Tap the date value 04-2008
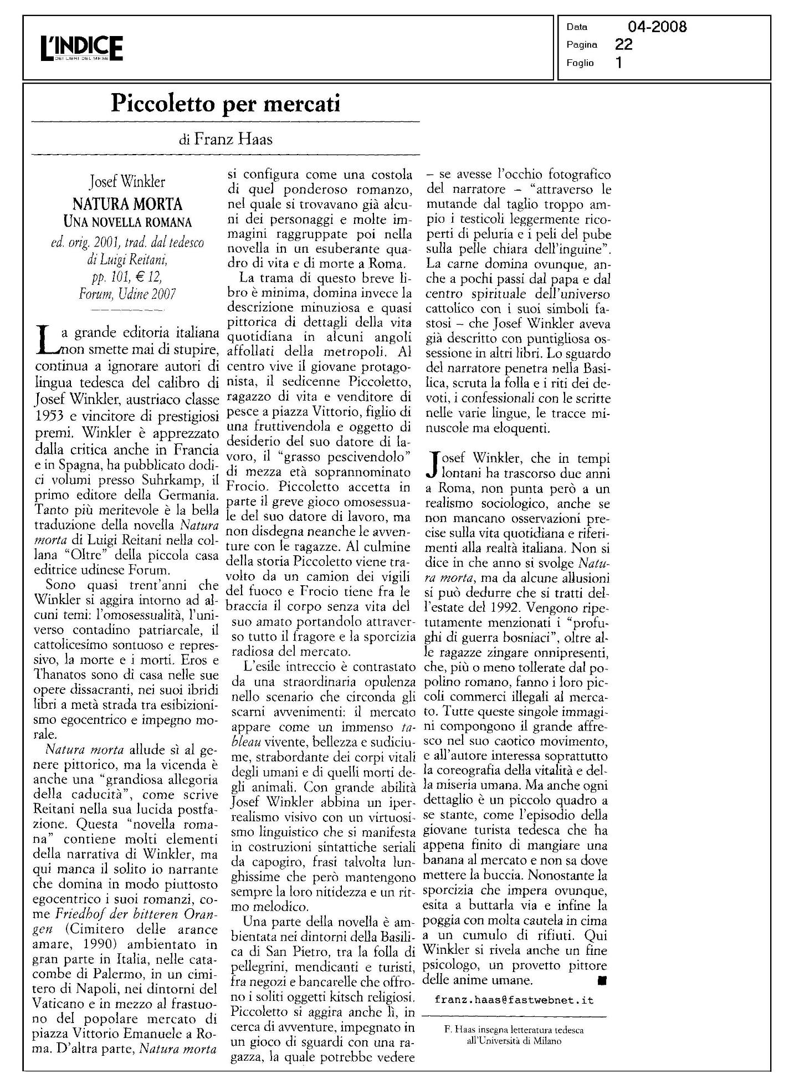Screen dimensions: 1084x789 [657, 27]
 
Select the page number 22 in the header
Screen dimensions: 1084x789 [623, 44]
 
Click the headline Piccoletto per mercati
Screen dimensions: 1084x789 [225, 104]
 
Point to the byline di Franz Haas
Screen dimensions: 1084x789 [226, 139]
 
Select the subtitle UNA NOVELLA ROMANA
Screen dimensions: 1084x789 [127, 223]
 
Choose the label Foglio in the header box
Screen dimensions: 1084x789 [580, 63]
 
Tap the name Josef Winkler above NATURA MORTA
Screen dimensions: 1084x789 [127, 181]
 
